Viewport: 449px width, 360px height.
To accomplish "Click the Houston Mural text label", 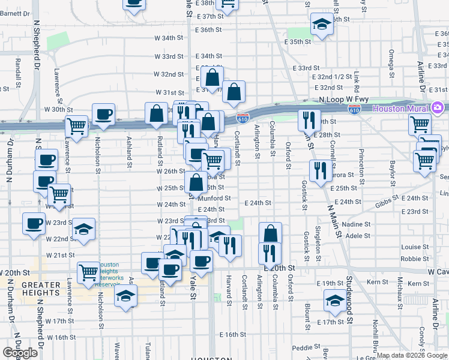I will (x=400, y=109).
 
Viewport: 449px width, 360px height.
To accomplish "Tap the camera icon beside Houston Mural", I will (x=438, y=108).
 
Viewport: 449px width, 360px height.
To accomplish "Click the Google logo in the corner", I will (x=20, y=353).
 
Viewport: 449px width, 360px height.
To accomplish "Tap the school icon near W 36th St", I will (x=322, y=25).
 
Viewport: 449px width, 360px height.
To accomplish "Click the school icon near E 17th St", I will (x=334, y=301).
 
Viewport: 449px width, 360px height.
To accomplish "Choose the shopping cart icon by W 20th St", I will (x=89, y=272).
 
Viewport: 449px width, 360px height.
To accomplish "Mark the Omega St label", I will (x=391, y=60).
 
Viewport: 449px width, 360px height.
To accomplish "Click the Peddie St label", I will (x=306, y=347).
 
